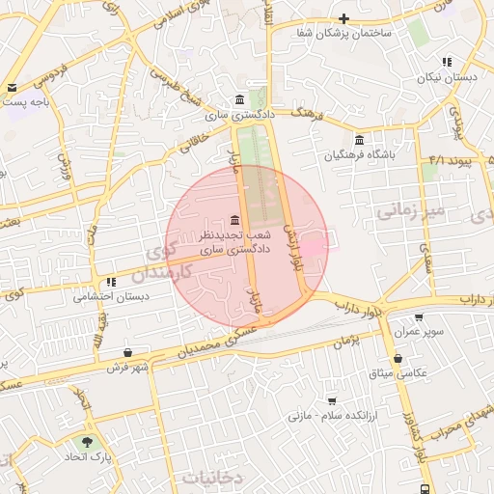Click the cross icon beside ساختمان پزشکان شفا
(343, 17)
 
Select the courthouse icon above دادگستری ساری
(239, 100)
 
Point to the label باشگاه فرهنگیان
(360, 152)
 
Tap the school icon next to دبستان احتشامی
(111, 282)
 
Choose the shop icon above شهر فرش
(128, 352)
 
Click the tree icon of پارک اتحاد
(88, 442)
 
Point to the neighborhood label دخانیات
(213, 477)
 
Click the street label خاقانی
(192, 146)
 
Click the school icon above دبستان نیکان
(446, 61)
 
